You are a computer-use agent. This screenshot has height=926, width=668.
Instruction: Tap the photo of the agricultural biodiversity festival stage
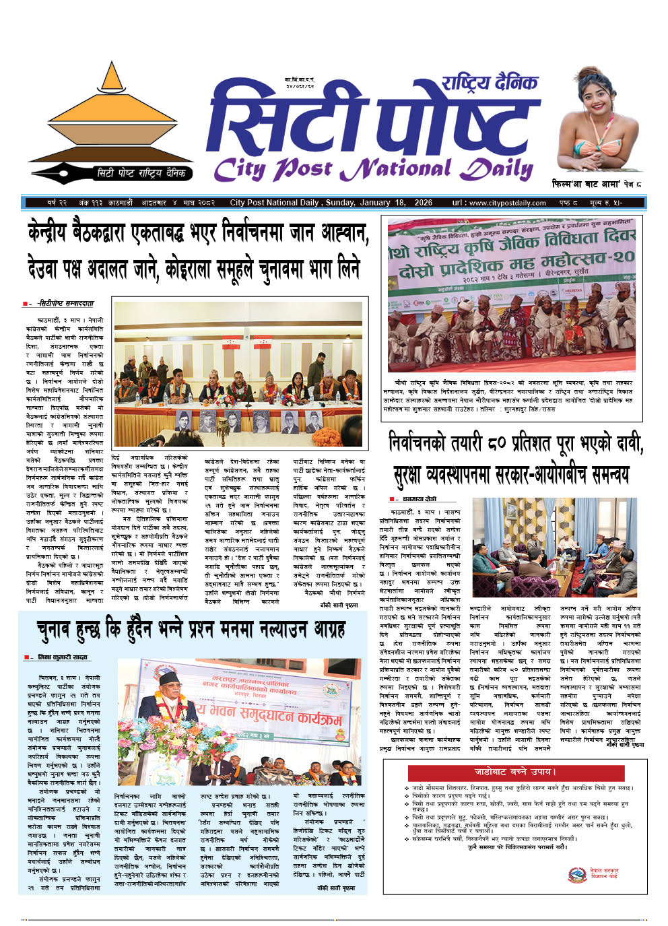(511, 295)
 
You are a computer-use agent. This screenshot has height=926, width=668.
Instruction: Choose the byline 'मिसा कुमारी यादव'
(65, 657)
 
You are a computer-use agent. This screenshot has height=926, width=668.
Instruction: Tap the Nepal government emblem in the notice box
(576, 874)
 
